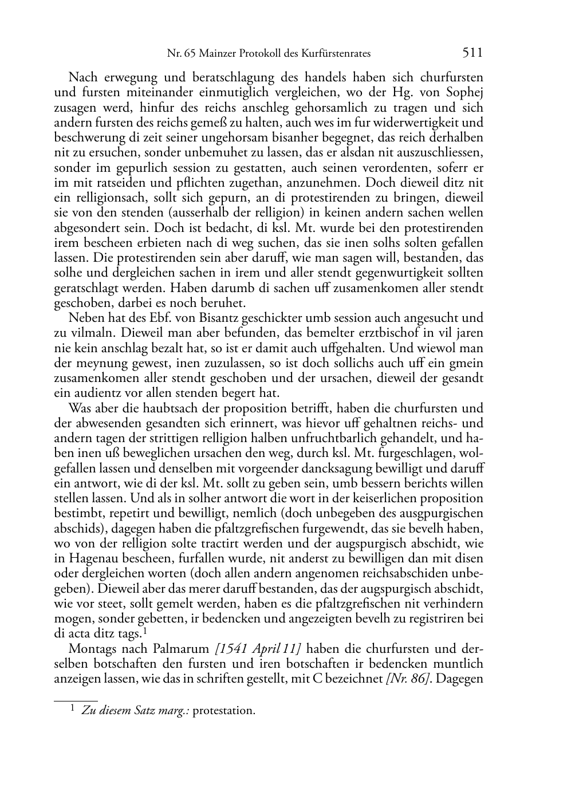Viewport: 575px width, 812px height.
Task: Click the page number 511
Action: (x=472, y=53)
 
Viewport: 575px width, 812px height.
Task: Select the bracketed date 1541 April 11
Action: (x=259, y=649)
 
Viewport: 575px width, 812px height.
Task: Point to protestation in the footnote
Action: (x=224, y=711)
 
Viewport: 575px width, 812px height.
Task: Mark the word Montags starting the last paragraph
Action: (x=91, y=649)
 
